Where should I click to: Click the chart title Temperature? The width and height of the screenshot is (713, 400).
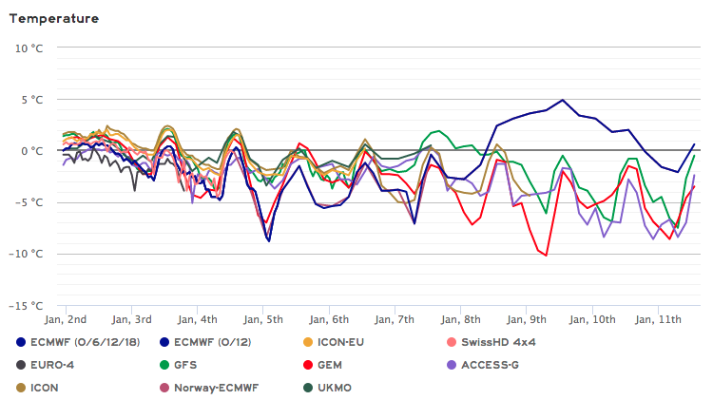click(53, 18)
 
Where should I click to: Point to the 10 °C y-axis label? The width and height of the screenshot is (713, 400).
click(27, 48)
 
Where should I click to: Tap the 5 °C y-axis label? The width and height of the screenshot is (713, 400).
click(29, 99)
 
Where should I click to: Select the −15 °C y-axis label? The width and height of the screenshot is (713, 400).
click(25, 306)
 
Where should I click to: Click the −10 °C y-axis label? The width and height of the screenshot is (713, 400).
click(25, 254)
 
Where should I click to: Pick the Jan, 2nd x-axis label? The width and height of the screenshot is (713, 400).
click(66, 318)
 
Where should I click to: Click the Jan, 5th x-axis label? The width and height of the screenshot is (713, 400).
click(262, 318)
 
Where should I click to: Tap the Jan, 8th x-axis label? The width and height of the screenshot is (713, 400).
click(459, 318)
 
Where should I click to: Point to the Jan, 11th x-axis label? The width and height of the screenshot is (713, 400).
click(657, 318)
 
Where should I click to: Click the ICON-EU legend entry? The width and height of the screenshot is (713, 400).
click(330, 341)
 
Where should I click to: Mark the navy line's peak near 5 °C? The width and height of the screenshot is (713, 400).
click(563, 100)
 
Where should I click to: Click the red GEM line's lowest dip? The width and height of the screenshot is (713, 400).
click(546, 255)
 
